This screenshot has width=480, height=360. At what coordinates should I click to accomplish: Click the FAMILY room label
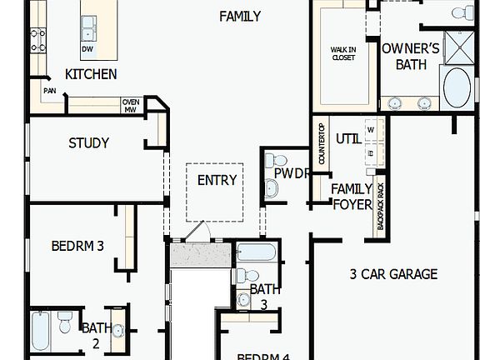tap(240, 16)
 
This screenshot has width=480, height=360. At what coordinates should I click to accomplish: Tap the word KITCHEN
tap(91, 74)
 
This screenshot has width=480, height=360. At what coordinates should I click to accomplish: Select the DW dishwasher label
tap(87, 49)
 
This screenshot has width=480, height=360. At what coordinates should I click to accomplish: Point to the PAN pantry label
tap(50, 91)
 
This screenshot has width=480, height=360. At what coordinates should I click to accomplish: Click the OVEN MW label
tap(131, 105)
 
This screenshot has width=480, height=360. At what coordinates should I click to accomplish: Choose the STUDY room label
tap(88, 143)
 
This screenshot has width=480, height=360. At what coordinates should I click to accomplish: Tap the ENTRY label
tap(217, 180)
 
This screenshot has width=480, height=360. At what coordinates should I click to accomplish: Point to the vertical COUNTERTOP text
tap(321, 143)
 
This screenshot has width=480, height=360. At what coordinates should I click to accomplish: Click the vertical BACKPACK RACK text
tap(382, 207)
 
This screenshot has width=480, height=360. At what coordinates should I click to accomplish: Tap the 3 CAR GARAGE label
tap(393, 273)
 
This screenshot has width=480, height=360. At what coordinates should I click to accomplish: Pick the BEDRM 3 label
tap(77, 246)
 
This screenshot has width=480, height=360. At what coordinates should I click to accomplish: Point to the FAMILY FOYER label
tap(352, 196)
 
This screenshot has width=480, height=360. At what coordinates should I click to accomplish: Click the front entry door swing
tap(194, 231)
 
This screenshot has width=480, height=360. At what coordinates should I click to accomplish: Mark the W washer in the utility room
tap(370, 130)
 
